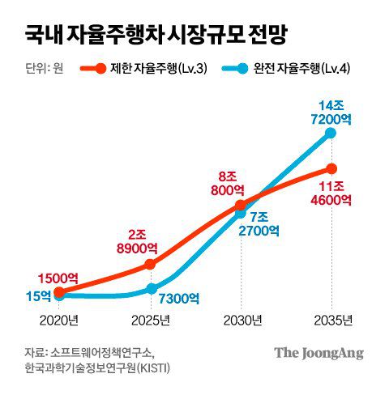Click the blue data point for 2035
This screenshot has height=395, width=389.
331,133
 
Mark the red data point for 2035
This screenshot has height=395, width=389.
331,168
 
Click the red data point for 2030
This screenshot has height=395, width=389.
241,206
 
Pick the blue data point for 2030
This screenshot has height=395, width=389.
241,214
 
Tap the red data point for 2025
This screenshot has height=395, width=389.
150,265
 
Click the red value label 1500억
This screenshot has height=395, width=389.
59,277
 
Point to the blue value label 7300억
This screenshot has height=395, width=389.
180,299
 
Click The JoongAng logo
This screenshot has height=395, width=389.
318,353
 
